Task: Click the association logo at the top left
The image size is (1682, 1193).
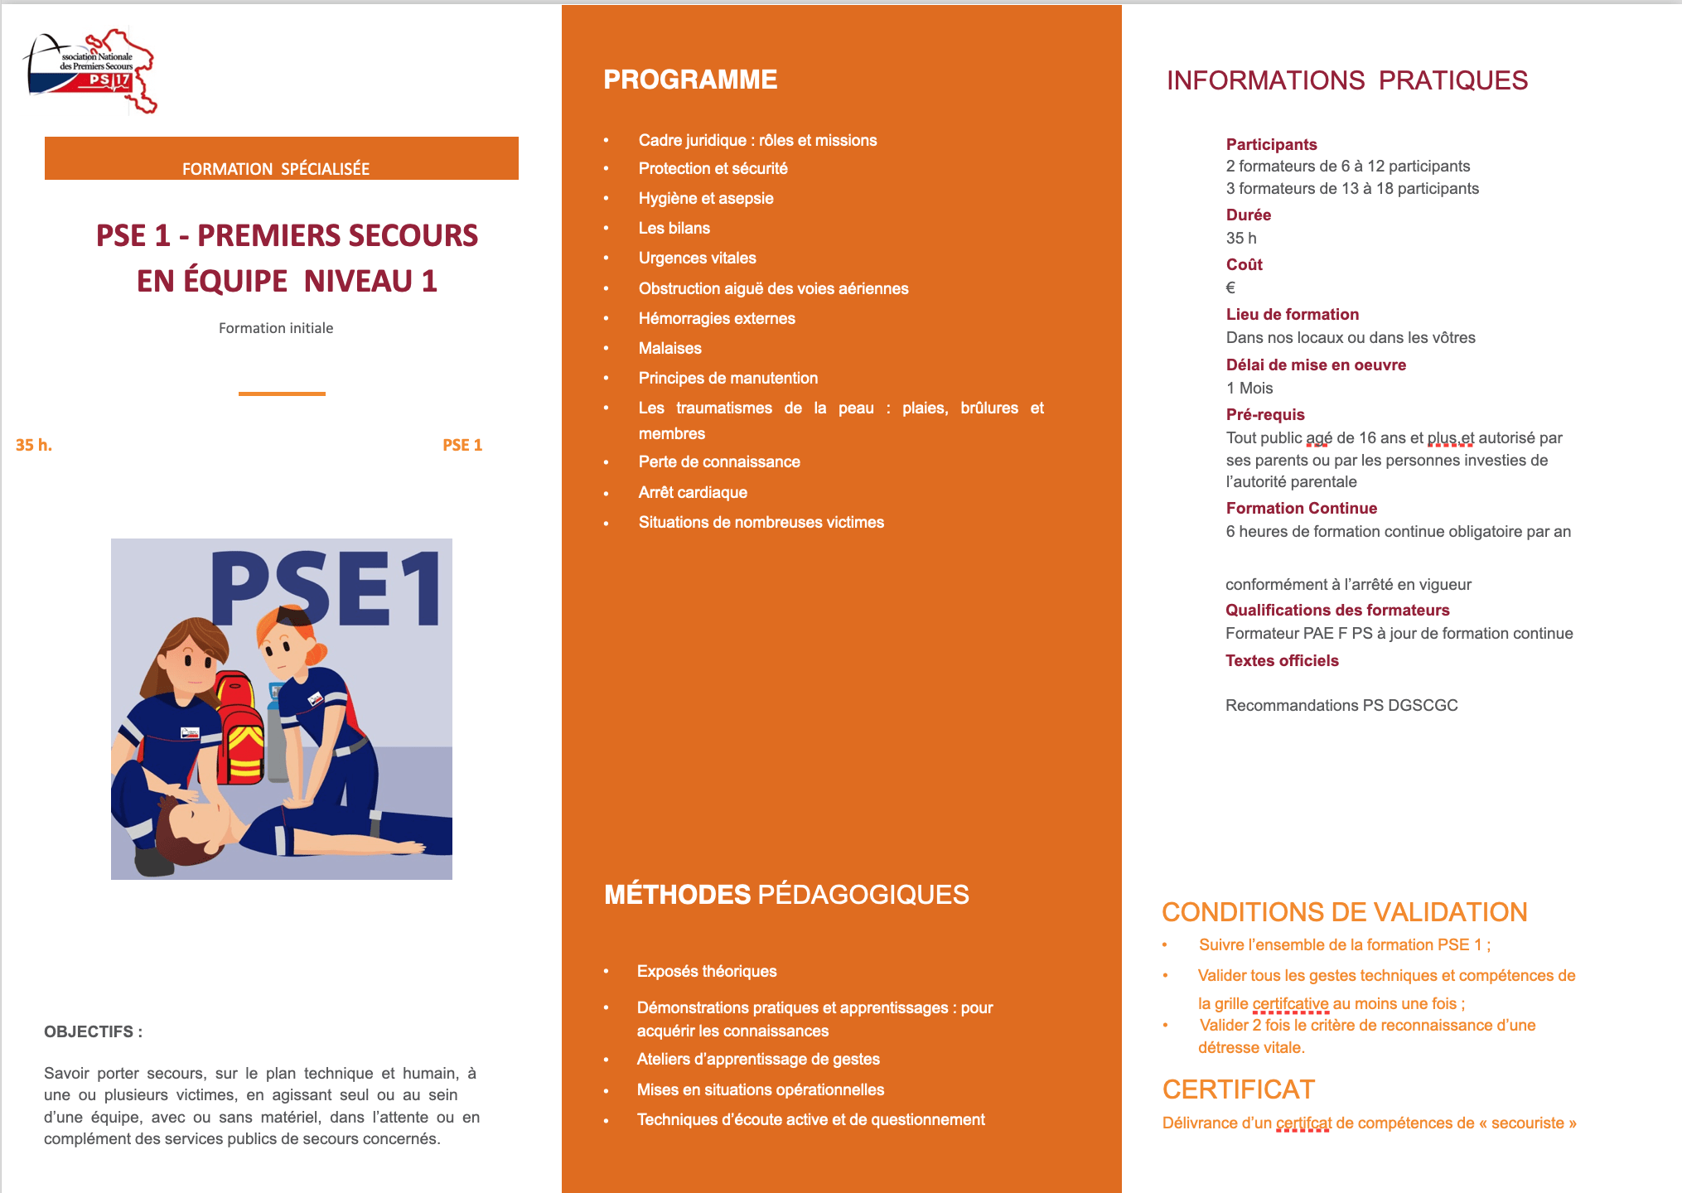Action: click(89, 71)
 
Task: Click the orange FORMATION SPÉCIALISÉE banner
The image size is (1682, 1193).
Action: click(281, 158)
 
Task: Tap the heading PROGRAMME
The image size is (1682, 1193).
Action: click(690, 80)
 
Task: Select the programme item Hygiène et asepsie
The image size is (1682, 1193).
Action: click(705, 198)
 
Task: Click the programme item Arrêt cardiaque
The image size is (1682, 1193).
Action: click(693, 492)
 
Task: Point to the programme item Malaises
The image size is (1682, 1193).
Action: click(669, 348)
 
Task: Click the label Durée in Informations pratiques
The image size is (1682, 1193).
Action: click(1248, 215)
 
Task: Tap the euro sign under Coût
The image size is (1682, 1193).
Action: click(1230, 287)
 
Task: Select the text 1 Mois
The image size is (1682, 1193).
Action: click(1249, 388)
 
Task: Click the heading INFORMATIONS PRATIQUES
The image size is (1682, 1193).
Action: click(1346, 80)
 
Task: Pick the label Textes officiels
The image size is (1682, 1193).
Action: click(1282, 660)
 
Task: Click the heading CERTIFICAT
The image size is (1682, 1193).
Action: click(1238, 1089)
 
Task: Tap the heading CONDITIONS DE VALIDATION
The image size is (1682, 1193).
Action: click(1344, 911)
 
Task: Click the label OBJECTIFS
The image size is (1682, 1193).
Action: click(93, 1031)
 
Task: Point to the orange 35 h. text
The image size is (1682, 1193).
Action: click(34, 445)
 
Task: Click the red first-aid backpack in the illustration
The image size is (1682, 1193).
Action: click(240, 729)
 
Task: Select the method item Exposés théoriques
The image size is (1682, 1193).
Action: click(706, 971)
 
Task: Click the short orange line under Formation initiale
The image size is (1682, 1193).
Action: click(282, 394)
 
